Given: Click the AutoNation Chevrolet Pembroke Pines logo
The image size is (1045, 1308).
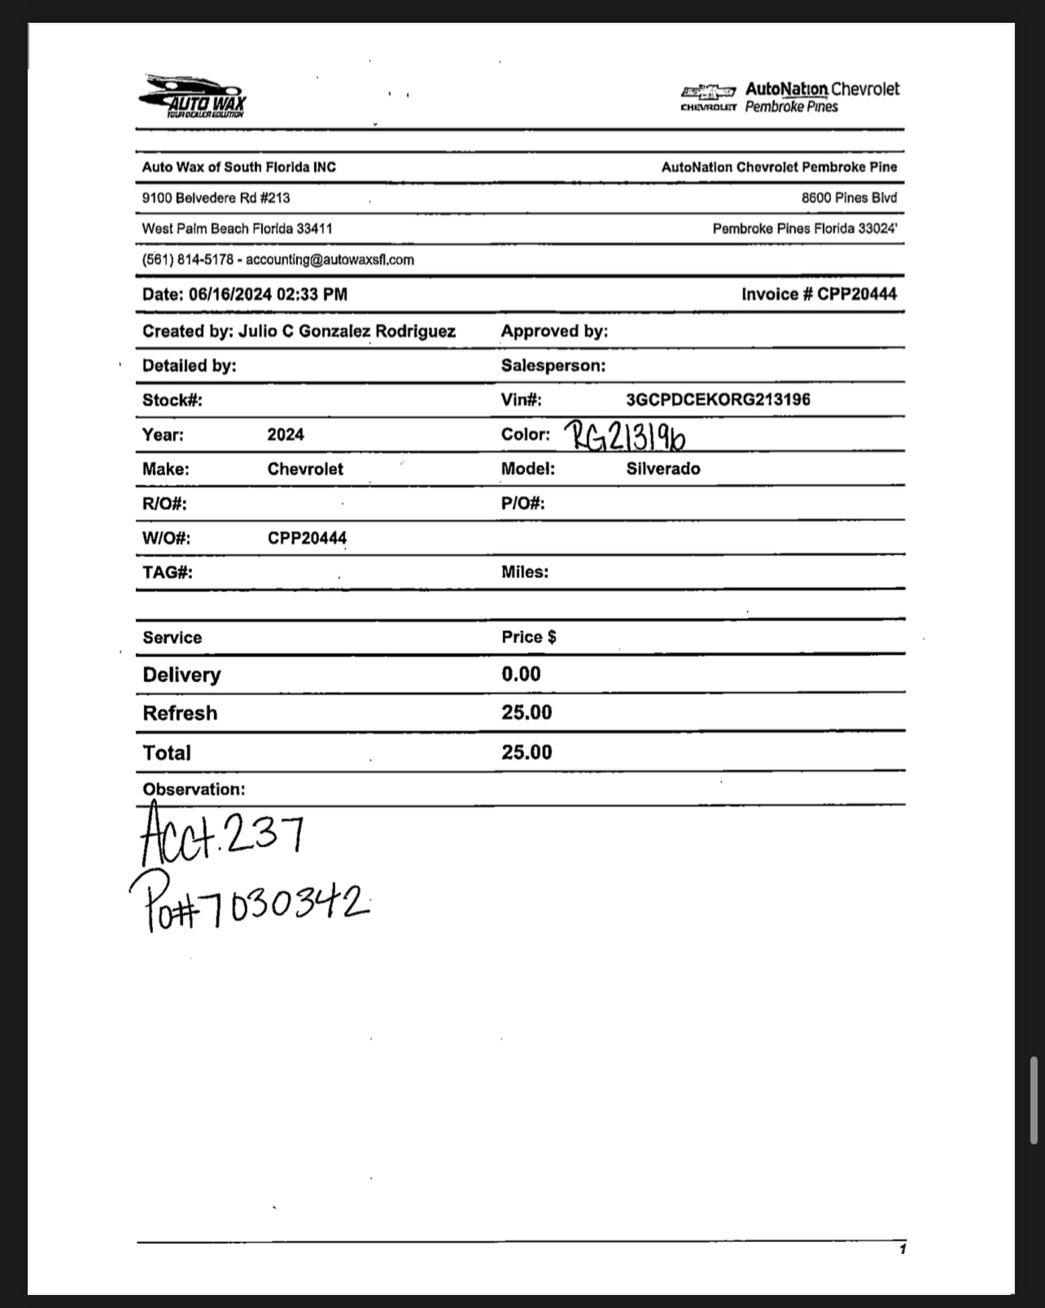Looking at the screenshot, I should [790, 97].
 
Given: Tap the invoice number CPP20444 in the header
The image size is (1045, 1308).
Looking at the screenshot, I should [856, 295].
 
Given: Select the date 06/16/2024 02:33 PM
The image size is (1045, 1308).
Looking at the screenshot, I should [268, 295].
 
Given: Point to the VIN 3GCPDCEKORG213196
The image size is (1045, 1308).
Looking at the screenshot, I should [718, 400].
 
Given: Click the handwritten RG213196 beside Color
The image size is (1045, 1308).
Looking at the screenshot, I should [625, 436].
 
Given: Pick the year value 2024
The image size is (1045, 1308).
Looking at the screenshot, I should [286, 435].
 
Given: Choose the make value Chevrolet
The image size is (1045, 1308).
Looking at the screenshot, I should [305, 470].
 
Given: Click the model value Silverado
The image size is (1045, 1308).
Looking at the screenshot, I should [663, 469].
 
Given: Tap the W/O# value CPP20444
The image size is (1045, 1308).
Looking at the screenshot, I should [307, 538].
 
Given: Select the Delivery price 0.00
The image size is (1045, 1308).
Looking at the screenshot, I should [521, 674].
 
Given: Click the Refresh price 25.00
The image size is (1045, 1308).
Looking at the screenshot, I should [527, 712].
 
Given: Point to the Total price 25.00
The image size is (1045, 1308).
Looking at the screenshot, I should [527, 752].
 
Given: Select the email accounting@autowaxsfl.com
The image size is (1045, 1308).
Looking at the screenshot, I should [330, 260].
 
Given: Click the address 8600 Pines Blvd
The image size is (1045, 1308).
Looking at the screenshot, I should [849, 198].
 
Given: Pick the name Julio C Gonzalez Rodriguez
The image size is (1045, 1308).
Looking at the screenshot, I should [347, 331].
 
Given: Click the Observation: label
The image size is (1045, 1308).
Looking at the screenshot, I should [194, 790].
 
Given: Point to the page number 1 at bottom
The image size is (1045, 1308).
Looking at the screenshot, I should [903, 1249].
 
